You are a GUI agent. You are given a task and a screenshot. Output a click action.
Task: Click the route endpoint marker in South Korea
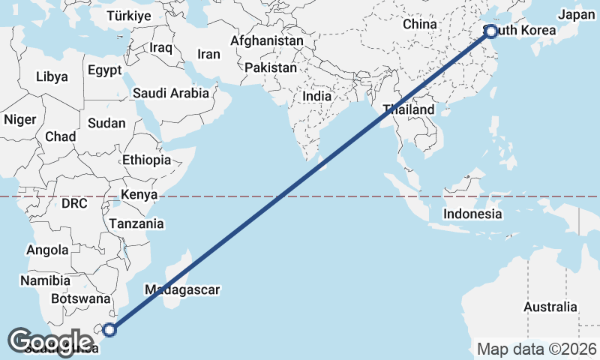coord(490,31)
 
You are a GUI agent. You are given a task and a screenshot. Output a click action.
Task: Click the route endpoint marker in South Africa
coord(110,329)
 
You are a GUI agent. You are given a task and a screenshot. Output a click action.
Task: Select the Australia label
coord(550,307)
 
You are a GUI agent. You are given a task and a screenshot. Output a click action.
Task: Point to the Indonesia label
coord(472,214)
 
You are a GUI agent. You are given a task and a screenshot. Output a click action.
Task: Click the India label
coord(316,96)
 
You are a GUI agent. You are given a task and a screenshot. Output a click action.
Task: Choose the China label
coord(419,24)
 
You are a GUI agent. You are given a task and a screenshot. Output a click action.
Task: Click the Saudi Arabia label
coord(170,94)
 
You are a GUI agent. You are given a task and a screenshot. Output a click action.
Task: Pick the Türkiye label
coord(129,16)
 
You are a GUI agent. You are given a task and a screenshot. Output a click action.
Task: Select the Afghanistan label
coord(267,40)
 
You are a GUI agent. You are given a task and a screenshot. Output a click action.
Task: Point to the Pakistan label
coord(270,67)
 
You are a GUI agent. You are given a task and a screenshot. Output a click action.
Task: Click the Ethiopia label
coord(147,160)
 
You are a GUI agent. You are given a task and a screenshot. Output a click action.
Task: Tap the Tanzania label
coord(136,223)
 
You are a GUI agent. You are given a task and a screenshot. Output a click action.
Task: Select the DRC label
coord(74,203)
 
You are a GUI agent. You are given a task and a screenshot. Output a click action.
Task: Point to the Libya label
coord(52,76)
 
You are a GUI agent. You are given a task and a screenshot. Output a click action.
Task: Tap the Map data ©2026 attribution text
coord(537,349)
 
